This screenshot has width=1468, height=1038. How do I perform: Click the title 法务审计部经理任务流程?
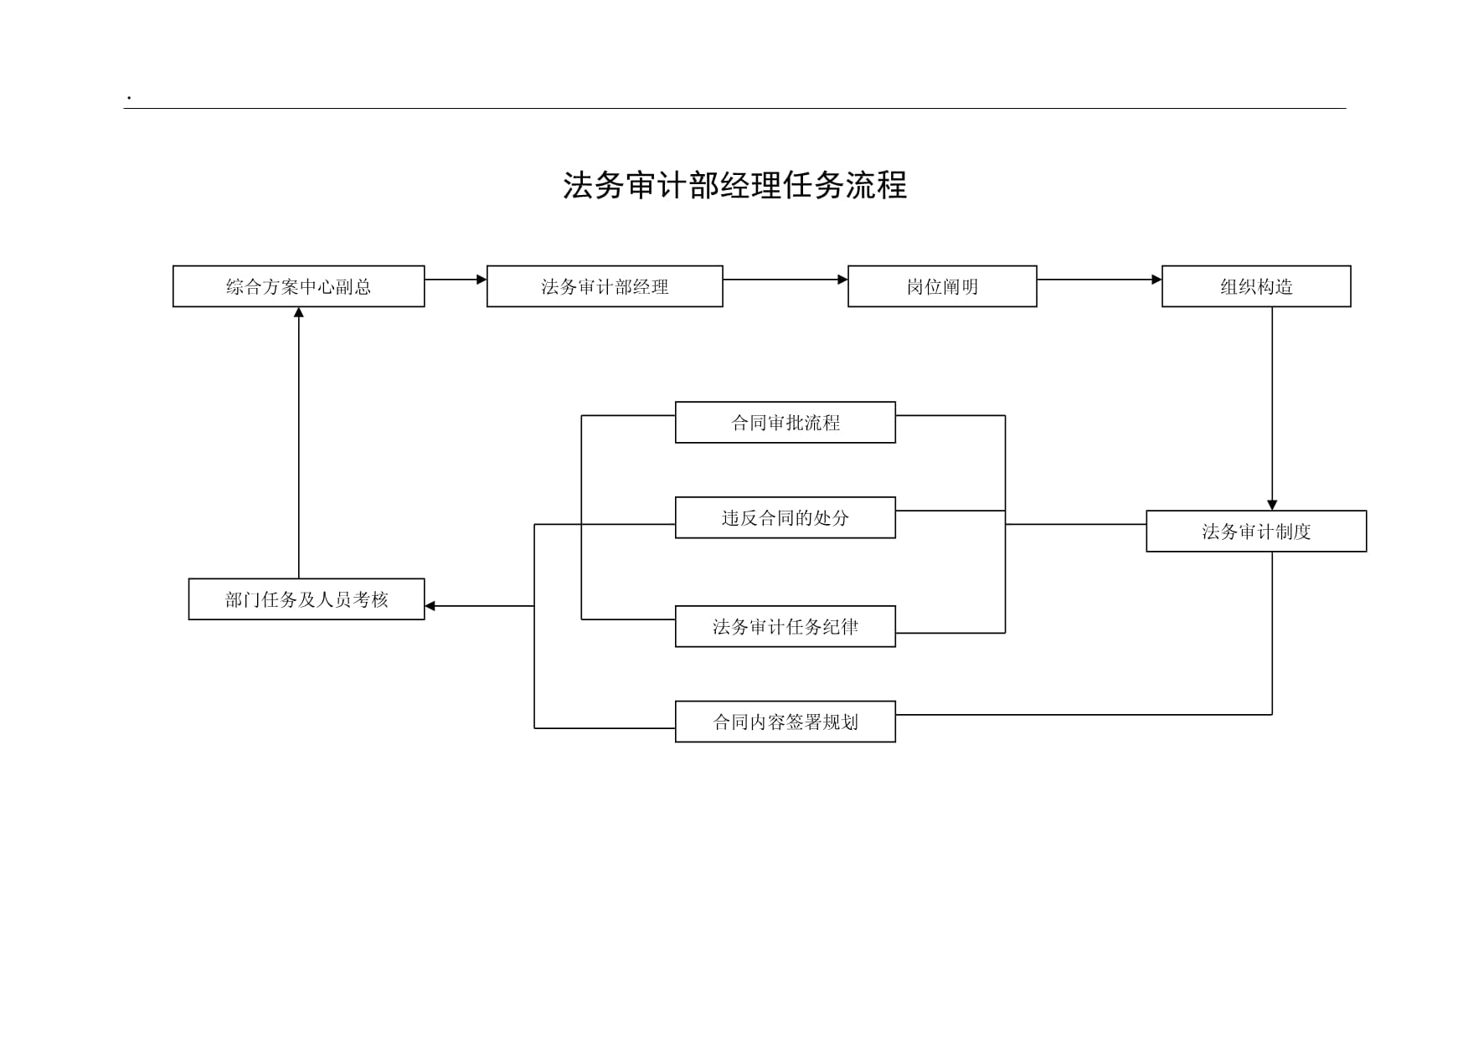click(x=734, y=185)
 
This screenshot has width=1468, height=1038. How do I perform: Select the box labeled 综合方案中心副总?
click(x=299, y=286)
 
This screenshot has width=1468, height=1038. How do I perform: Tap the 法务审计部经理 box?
click(x=605, y=286)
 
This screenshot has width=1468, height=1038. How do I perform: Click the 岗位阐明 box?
click(x=942, y=286)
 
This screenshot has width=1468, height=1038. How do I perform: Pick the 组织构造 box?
click(x=1256, y=286)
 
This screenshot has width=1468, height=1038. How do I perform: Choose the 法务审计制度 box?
click(x=1256, y=532)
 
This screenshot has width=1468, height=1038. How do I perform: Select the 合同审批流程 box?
click(x=786, y=423)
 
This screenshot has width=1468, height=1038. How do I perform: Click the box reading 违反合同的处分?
click(x=786, y=517)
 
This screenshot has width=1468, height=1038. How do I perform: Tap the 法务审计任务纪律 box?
click(x=786, y=626)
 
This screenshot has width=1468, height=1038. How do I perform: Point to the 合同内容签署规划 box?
click(x=786, y=722)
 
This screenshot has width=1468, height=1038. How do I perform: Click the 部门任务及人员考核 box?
click(x=306, y=599)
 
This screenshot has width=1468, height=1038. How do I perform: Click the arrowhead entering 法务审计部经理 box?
click(x=482, y=280)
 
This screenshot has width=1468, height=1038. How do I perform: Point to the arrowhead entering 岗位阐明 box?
click(x=842, y=280)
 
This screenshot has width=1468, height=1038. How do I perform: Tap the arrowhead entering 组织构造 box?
click(x=1156, y=280)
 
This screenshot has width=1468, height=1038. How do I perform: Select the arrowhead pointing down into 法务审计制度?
click(x=1272, y=505)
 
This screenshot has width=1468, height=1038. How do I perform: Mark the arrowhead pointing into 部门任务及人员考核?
click(x=430, y=606)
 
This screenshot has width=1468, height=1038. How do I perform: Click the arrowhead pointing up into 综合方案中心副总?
click(x=299, y=312)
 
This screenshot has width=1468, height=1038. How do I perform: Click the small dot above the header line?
click(x=129, y=99)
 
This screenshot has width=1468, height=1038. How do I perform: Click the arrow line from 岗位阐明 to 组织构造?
click(x=1100, y=280)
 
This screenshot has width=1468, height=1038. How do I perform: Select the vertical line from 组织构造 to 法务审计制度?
click(x=1272, y=409)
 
